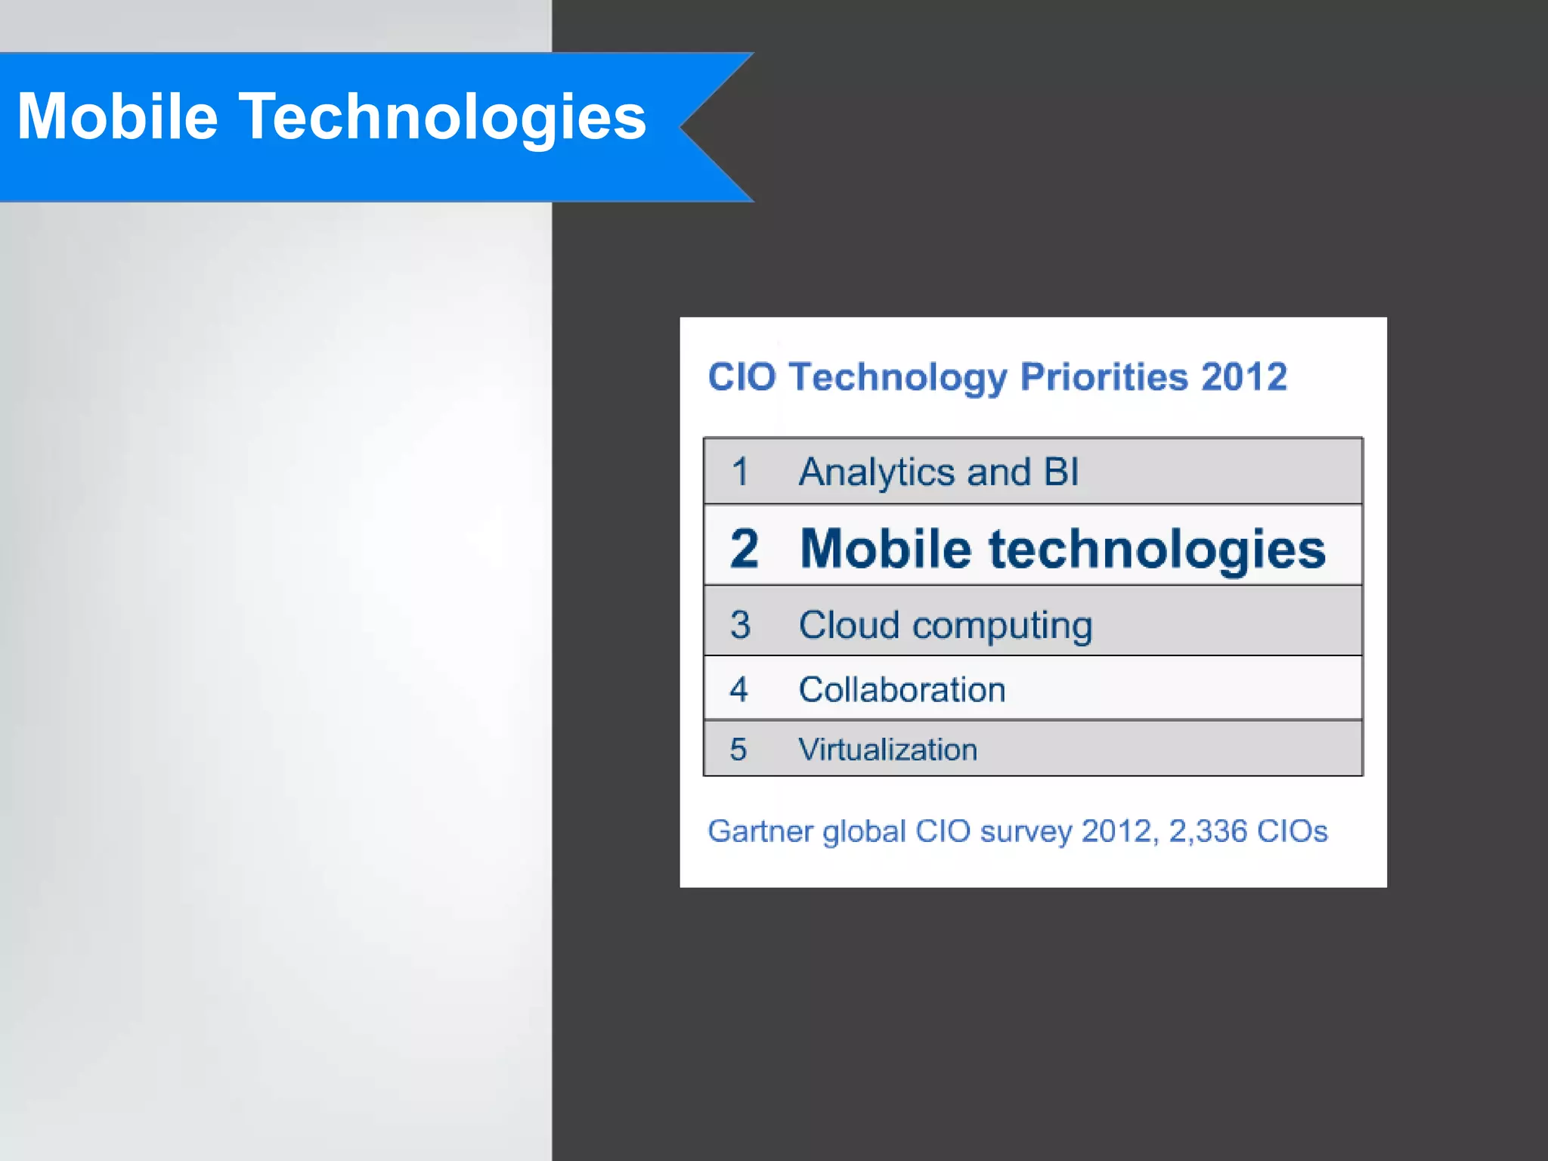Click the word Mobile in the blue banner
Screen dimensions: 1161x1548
(117, 117)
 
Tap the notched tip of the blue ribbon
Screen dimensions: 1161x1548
(684, 127)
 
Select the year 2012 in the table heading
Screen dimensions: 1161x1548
(1244, 376)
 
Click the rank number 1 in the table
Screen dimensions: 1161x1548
(740, 472)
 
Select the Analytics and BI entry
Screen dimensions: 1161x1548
(939, 472)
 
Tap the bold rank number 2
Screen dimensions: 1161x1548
(744, 548)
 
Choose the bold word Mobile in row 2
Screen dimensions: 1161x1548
(885, 548)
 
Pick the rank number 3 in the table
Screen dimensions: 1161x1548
(740, 624)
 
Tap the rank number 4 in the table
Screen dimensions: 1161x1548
(738, 689)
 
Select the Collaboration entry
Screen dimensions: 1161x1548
(902, 689)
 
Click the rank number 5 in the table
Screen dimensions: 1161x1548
(738, 749)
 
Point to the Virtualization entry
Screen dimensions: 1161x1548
(887, 749)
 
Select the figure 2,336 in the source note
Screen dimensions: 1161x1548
(1207, 831)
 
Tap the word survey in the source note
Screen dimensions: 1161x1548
(1026, 831)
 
